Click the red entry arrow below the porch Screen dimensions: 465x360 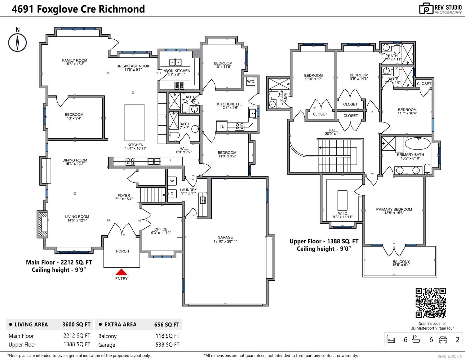click(121, 272)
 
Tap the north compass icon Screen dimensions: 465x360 click(18, 42)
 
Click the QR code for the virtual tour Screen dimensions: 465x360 click(431, 303)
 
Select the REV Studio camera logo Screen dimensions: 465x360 click(426, 8)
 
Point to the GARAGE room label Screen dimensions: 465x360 click(225, 237)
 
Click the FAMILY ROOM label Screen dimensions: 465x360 click(75, 60)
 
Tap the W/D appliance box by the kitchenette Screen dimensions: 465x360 click(250, 82)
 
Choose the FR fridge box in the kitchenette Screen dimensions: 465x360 click(222, 127)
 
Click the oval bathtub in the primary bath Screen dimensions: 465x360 click(418, 143)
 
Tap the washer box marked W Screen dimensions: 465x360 click(172, 181)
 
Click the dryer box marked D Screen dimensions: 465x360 click(172, 194)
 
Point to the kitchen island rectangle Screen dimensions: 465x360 click(135, 122)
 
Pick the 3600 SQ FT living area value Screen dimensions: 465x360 click(76, 324)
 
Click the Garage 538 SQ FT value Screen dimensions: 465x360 click(167, 344)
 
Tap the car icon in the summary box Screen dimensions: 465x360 click(443, 340)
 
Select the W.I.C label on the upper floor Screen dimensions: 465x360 click(342, 213)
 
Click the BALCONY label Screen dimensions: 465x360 click(401, 261)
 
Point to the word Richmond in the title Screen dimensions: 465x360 click(122, 9)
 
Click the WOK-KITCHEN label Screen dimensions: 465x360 click(177, 71)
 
